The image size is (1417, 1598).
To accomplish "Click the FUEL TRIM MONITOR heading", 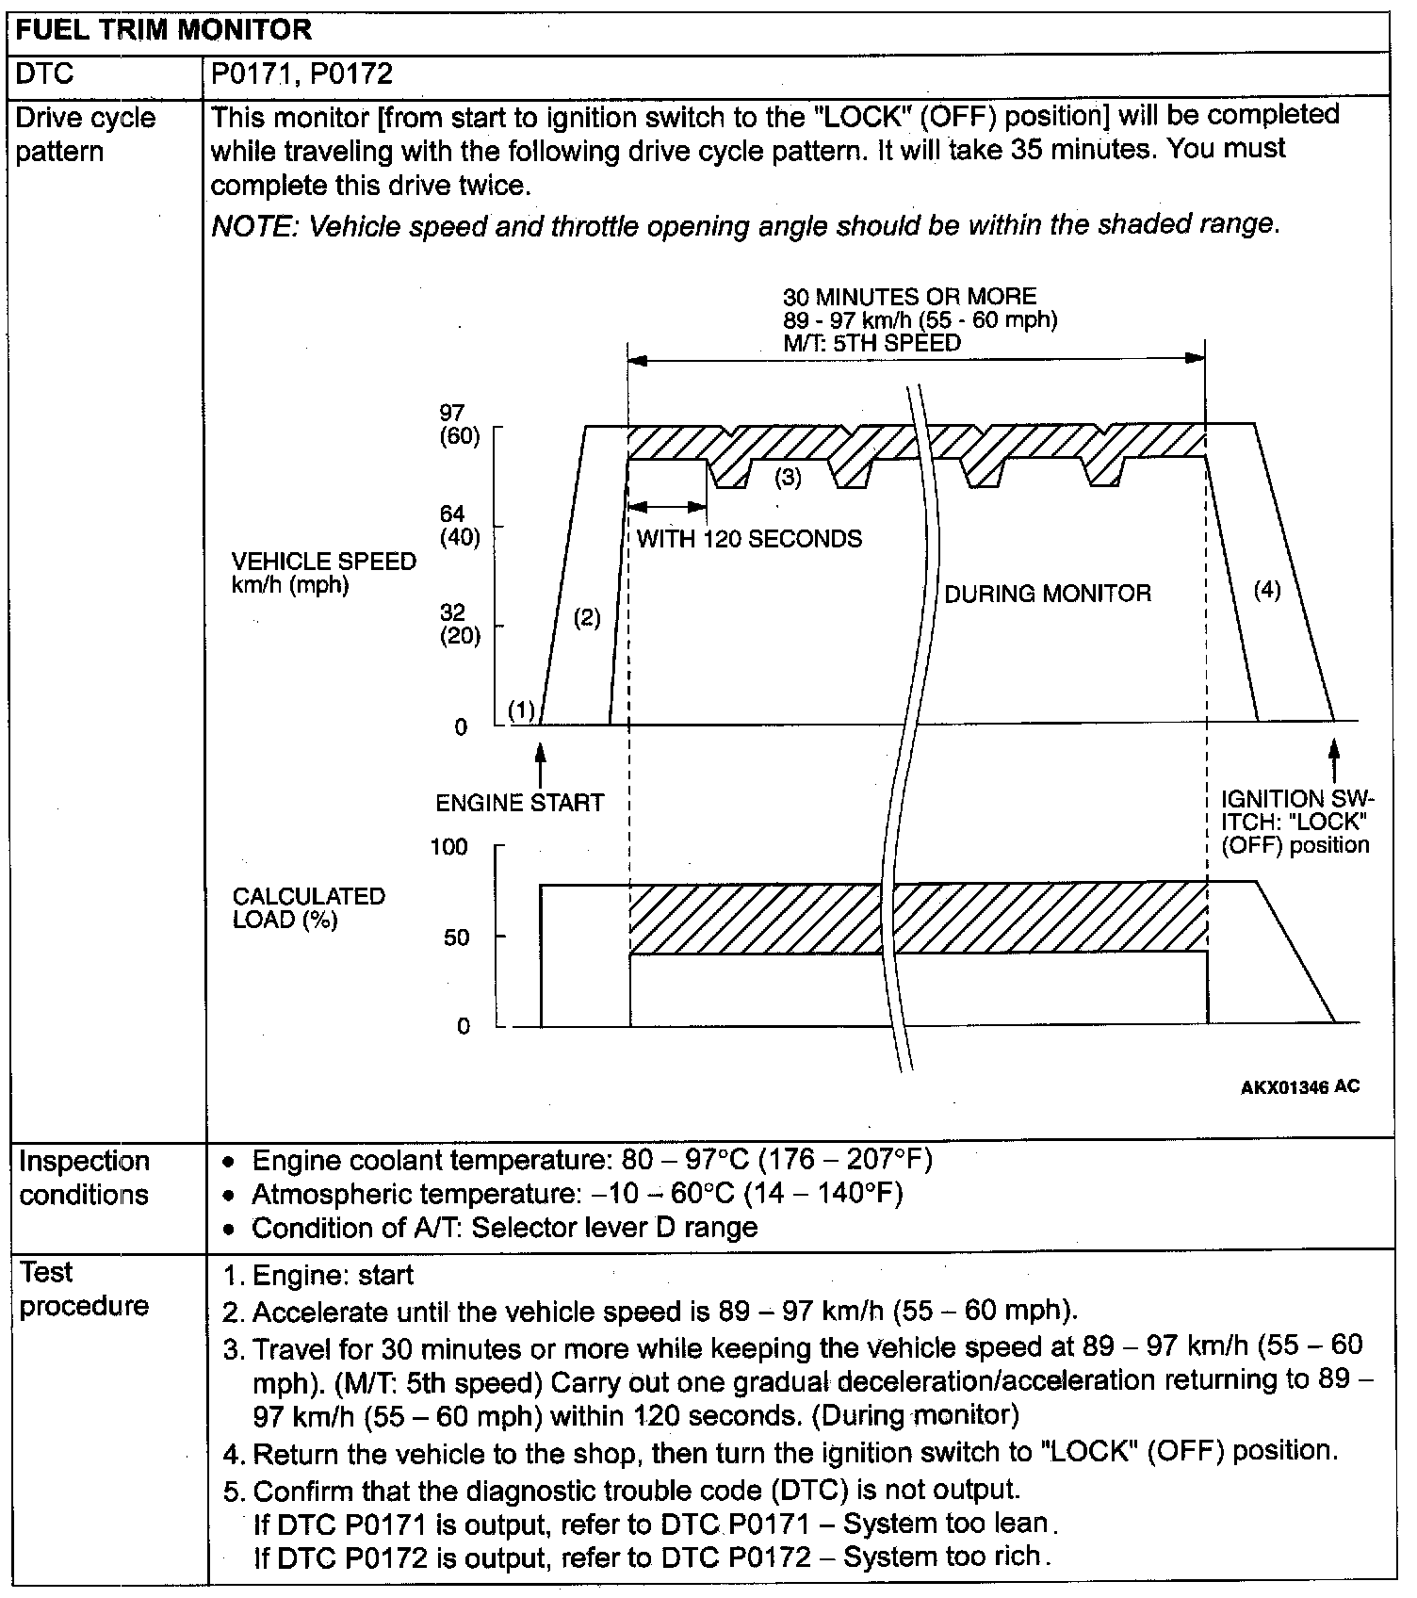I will pyautogui.click(x=164, y=29).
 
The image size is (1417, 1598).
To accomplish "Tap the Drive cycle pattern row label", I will pyautogui.click(x=85, y=135).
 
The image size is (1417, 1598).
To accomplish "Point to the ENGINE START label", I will pyautogui.click(x=519, y=803).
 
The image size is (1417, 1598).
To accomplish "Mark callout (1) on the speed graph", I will pyautogui.click(x=521, y=710).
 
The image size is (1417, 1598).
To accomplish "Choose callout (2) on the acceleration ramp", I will pyautogui.click(x=587, y=618).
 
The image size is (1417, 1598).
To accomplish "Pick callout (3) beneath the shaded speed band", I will pyautogui.click(x=788, y=478).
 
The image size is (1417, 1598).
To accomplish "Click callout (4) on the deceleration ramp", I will pyautogui.click(x=1267, y=591).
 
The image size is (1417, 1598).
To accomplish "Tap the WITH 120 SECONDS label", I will pyautogui.click(x=749, y=539).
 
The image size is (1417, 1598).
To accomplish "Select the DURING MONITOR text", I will pyautogui.click(x=1048, y=594).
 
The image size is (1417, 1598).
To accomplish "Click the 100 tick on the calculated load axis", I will pyautogui.click(x=448, y=847).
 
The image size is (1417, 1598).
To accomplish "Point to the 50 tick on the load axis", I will pyautogui.click(x=456, y=938).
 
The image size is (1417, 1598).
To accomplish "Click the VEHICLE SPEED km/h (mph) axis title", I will pyautogui.click(x=323, y=573).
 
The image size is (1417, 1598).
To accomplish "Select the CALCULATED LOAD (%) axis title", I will pyautogui.click(x=309, y=907).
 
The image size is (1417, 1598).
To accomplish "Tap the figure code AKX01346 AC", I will pyautogui.click(x=1299, y=1087).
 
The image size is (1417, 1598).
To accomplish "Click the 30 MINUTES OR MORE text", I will pyautogui.click(x=909, y=297).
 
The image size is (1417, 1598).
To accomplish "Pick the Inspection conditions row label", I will pyautogui.click(x=84, y=1178).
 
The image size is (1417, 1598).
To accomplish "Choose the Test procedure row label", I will pyautogui.click(x=84, y=1289).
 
